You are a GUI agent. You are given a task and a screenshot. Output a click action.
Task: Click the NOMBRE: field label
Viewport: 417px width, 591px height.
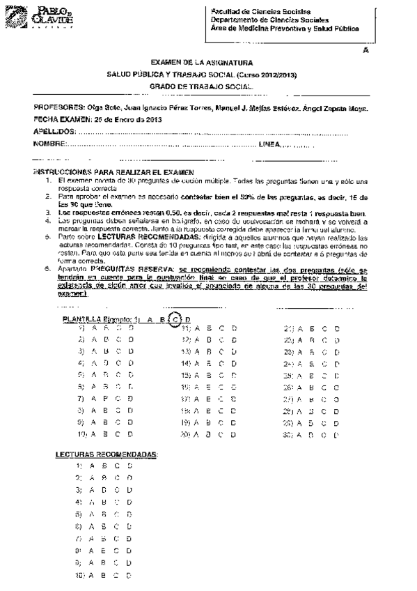[49, 144]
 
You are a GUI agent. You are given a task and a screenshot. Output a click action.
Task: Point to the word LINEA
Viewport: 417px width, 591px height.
[269, 144]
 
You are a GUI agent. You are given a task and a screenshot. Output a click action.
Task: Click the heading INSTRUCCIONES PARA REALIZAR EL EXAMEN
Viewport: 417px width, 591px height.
[115, 172]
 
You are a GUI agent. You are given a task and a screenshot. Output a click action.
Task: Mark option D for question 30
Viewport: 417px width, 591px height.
[337, 436]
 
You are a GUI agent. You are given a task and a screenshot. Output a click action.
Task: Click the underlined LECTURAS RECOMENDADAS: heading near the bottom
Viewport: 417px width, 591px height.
[107, 454]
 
